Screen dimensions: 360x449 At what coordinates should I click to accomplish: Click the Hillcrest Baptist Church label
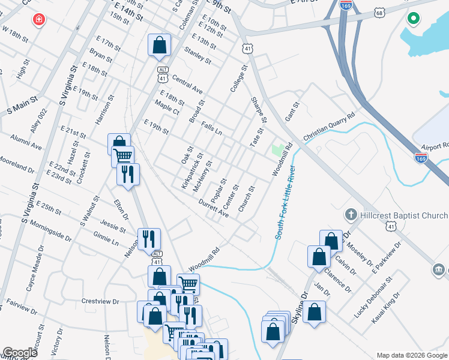click(397, 214)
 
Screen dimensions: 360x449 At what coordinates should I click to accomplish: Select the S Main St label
click(22, 107)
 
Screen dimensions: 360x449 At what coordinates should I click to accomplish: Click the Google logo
click(20, 352)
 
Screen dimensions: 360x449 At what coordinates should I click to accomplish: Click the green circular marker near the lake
click(413, 19)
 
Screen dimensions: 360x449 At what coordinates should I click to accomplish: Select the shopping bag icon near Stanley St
click(159, 45)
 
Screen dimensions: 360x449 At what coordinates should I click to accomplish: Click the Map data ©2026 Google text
click(412, 355)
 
